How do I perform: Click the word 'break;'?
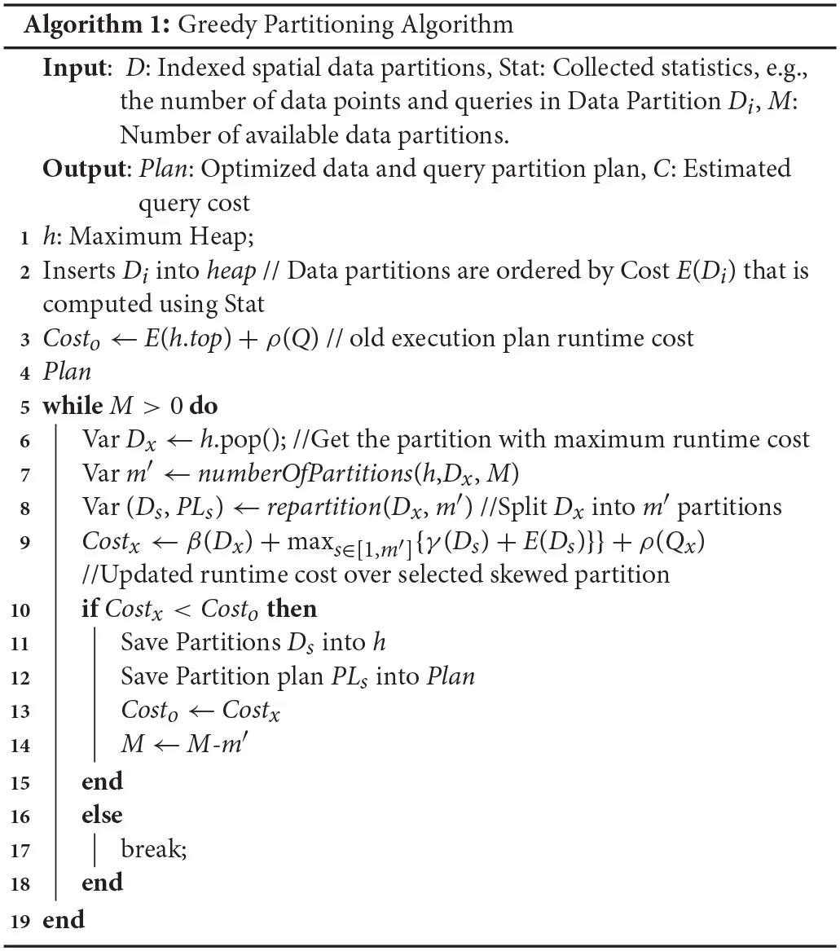[154, 849]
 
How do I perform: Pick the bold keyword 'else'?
[102, 814]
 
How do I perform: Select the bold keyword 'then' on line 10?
[292, 608]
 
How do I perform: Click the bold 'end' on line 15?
[102, 781]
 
